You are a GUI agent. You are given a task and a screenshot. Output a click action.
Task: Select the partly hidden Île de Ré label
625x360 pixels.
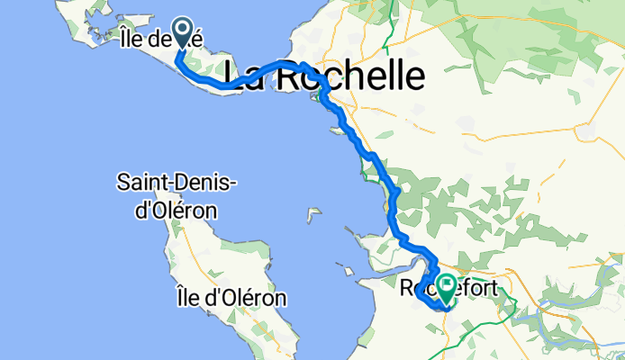[x=156, y=38]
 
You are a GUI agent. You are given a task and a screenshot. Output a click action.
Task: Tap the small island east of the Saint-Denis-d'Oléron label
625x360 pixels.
[x=313, y=215]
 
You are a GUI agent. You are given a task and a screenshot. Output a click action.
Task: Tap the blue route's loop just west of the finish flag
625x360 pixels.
[x=424, y=292]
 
